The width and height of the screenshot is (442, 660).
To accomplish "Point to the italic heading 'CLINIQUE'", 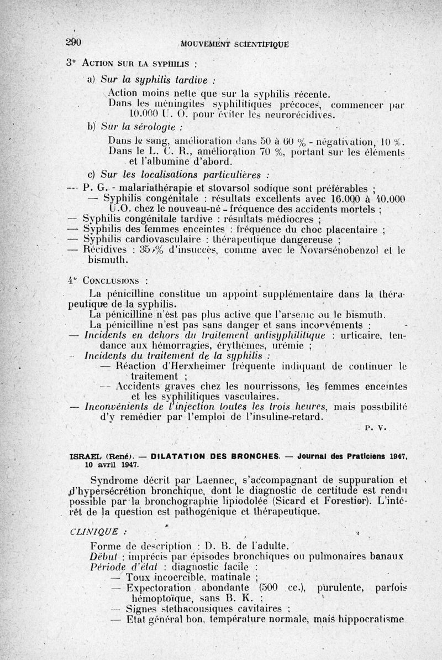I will click(95, 532).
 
